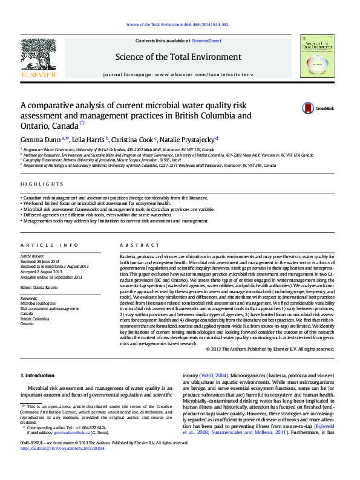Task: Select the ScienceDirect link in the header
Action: (206, 41)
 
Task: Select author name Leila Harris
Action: (90, 139)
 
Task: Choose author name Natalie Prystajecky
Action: (188, 139)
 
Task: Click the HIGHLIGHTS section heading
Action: (42, 184)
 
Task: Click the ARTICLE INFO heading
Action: (50, 245)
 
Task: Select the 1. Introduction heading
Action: (38, 375)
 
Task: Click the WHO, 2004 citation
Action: (217, 375)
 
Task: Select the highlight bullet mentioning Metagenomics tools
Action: (115, 221)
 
